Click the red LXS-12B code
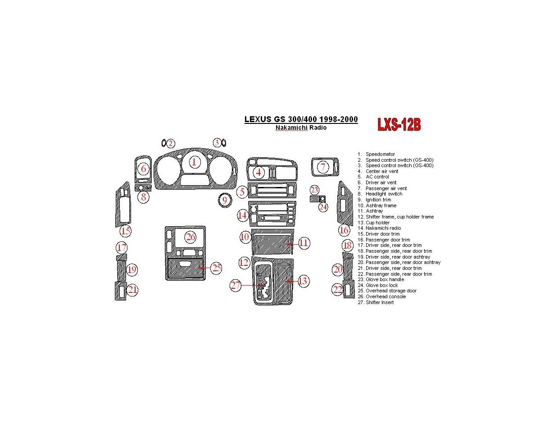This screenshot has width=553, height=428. click(x=399, y=125)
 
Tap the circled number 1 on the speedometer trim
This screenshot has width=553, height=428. click(x=194, y=162)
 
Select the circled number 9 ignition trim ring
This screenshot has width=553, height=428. click(x=224, y=200)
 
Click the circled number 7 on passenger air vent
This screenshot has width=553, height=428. click(x=323, y=167)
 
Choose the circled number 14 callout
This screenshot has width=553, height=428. click(x=243, y=215)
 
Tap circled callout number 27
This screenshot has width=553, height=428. click(x=236, y=285)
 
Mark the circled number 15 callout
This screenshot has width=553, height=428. click(x=125, y=232)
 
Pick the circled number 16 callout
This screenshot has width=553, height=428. click(x=344, y=231)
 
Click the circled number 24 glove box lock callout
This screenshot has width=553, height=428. click(x=323, y=207)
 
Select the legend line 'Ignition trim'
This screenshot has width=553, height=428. click(x=378, y=200)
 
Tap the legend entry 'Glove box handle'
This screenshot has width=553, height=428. click(x=385, y=279)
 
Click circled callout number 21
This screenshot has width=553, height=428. click(x=132, y=290)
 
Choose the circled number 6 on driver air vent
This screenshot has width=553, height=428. click(x=144, y=169)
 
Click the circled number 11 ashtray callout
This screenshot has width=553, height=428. click(x=304, y=243)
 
